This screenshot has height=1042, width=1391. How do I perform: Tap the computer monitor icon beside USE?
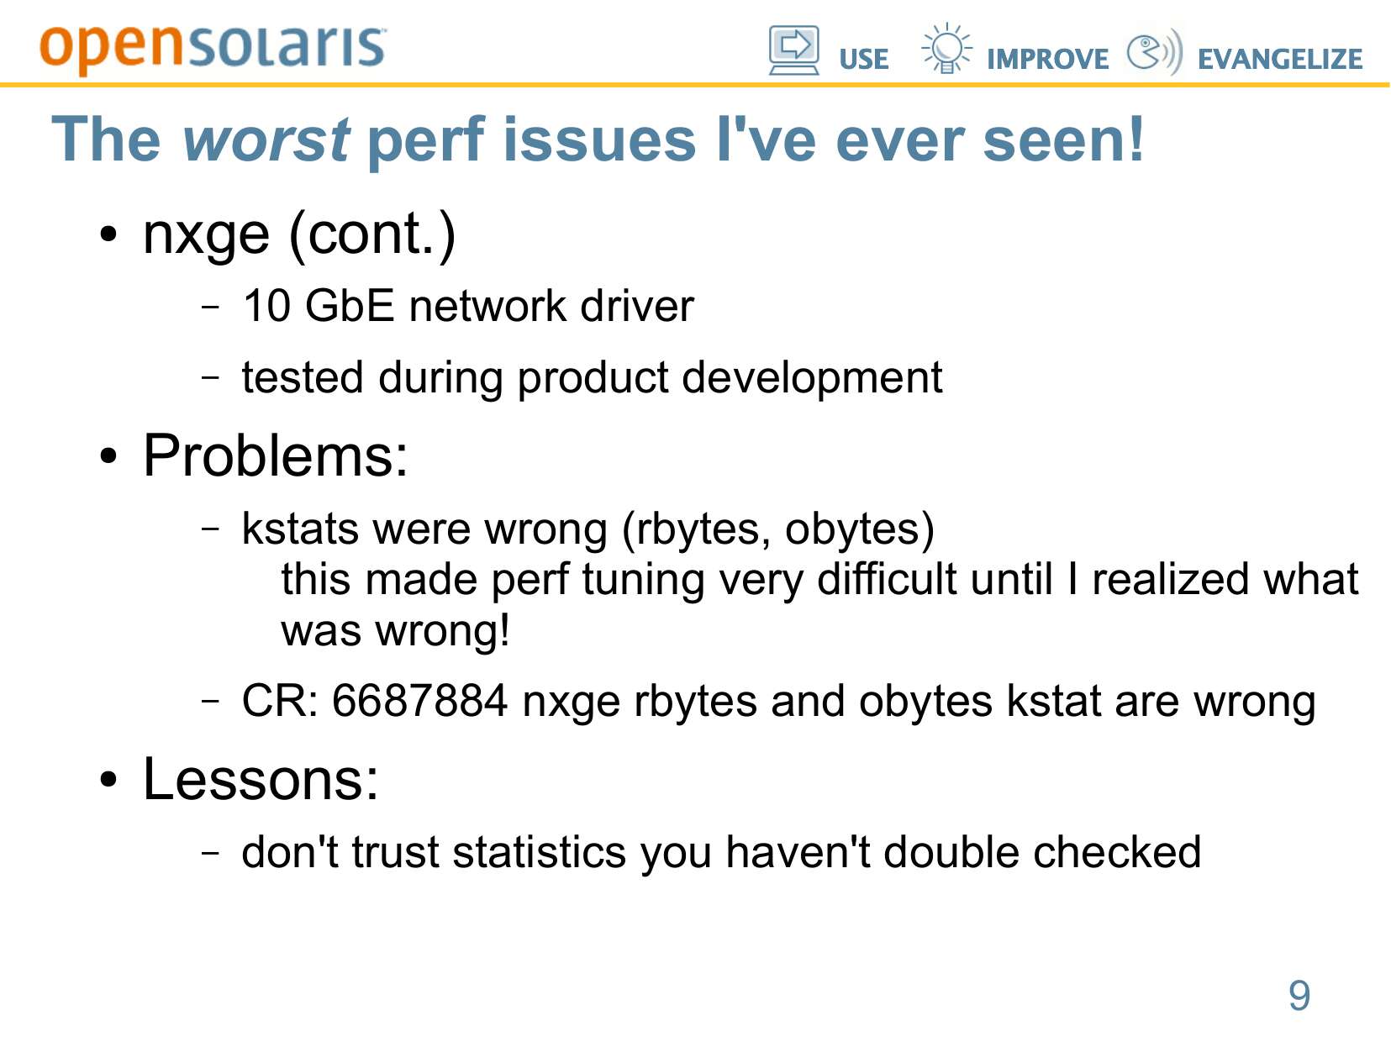tap(794, 50)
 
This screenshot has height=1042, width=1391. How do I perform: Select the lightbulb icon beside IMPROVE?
tap(946, 48)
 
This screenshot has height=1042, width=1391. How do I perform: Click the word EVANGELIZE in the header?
tap(1280, 60)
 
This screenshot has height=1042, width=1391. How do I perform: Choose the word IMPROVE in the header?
tap(1048, 60)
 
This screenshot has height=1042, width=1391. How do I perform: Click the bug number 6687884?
tap(419, 701)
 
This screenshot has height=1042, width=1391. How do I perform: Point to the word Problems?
tap(276, 455)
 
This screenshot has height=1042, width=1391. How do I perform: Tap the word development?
tap(813, 378)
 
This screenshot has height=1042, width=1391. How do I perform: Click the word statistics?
tap(540, 852)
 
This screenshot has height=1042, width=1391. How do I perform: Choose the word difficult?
tap(887, 580)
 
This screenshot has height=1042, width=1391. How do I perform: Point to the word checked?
tap(1117, 852)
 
